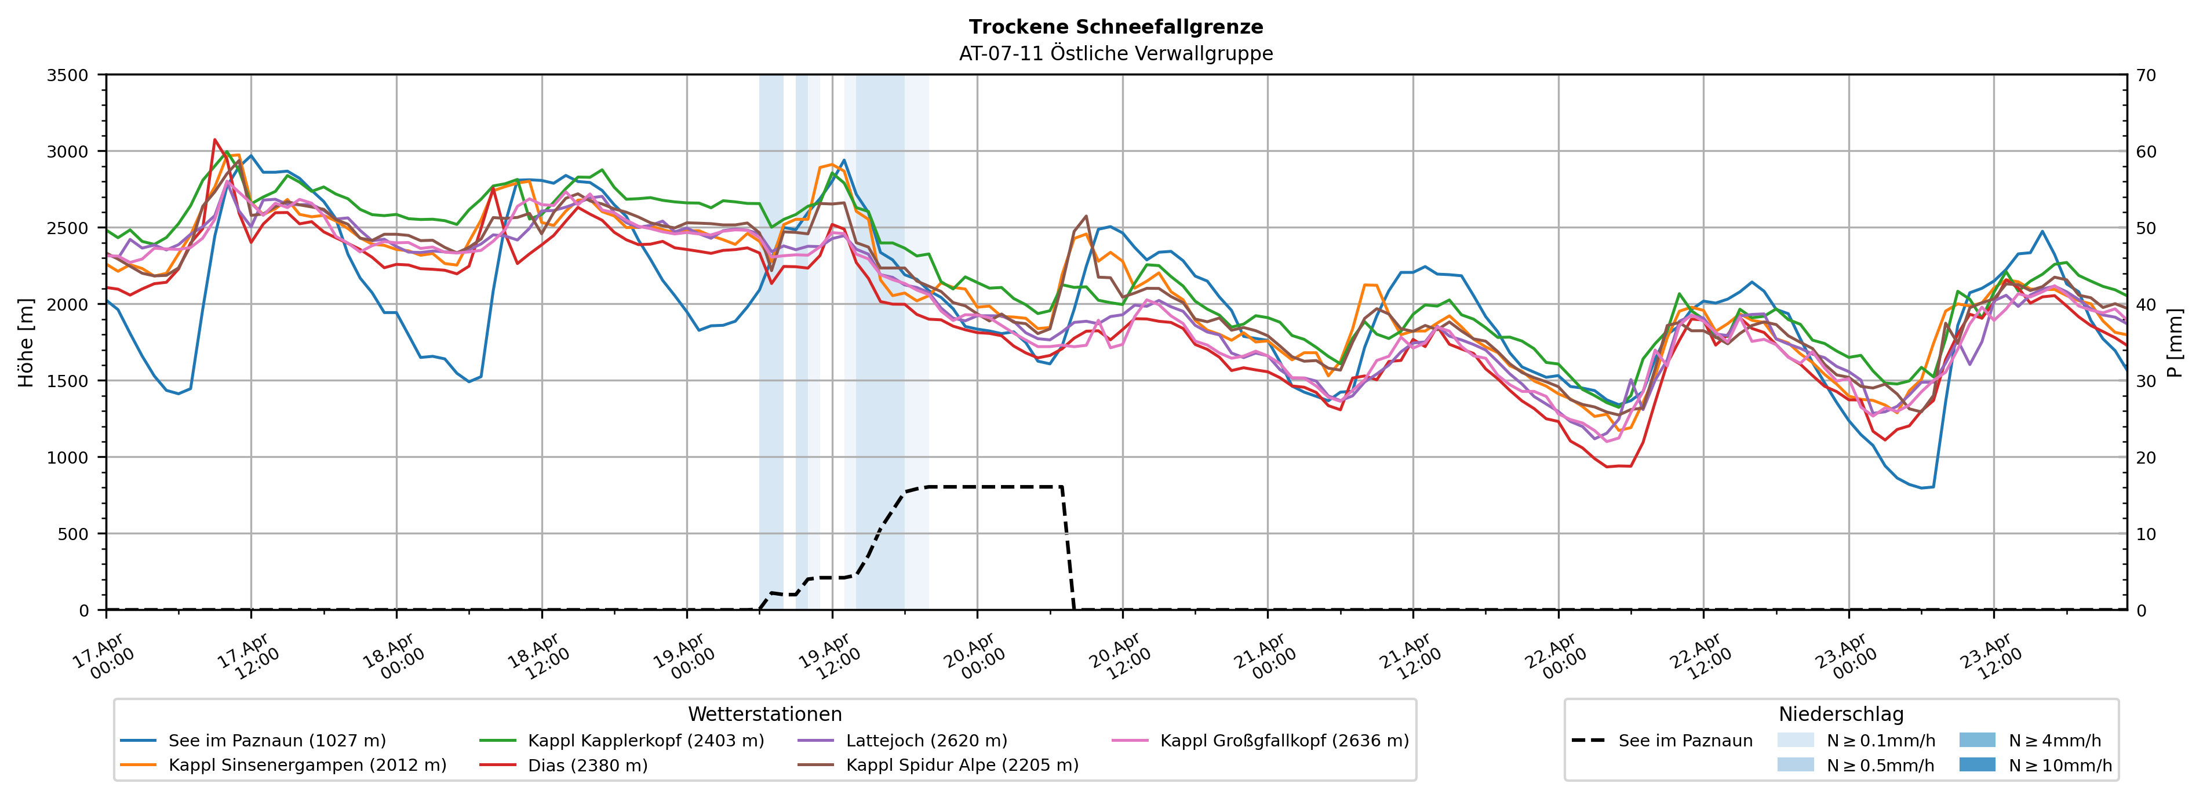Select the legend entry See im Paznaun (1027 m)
(x=276, y=741)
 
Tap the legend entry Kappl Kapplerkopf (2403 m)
(x=646, y=741)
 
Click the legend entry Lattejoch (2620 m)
(x=926, y=741)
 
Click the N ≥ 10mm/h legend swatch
(x=1976, y=764)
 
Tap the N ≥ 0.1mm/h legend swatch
(x=1795, y=741)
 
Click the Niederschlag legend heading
(x=1840, y=714)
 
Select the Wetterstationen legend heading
(x=764, y=714)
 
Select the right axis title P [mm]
(x=2175, y=342)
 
